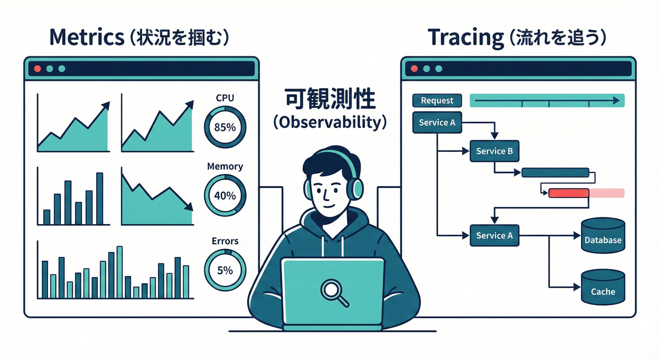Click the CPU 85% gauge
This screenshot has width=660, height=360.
click(x=225, y=127)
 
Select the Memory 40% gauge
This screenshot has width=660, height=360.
click(x=225, y=195)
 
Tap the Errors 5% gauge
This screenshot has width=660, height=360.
click(x=225, y=270)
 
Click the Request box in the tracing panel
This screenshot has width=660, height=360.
click(x=437, y=100)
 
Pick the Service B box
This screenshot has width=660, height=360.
click(x=494, y=151)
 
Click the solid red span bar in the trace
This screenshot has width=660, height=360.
click(x=569, y=193)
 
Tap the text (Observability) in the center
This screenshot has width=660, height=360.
click(x=330, y=122)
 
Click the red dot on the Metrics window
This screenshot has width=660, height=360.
click(x=37, y=69)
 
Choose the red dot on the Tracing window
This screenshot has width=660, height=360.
click(x=414, y=69)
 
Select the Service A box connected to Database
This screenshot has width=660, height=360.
click(x=494, y=236)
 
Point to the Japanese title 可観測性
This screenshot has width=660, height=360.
click(x=330, y=99)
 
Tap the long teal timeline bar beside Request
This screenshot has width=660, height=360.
click(x=547, y=100)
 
